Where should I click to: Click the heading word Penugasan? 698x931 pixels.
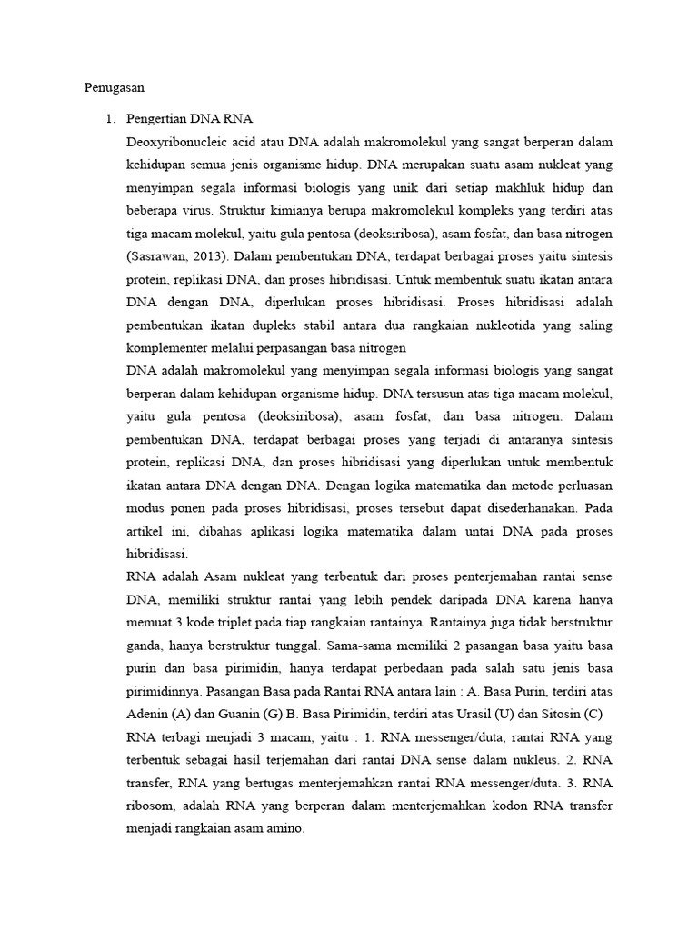point(115,88)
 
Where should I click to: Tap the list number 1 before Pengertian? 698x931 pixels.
point(111,119)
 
